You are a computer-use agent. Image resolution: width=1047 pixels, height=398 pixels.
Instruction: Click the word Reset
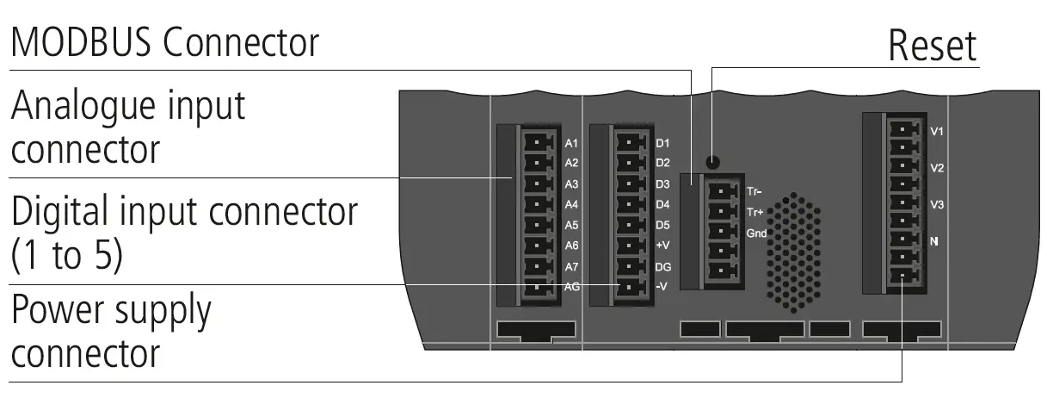pos(933,45)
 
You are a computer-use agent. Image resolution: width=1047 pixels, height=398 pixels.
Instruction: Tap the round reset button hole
pos(711,161)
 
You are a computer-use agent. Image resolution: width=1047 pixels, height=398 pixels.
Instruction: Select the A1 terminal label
pos(571,143)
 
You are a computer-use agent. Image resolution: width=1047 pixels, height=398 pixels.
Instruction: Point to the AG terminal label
pos(571,286)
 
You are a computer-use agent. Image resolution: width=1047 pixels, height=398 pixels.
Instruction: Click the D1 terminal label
pos(662,143)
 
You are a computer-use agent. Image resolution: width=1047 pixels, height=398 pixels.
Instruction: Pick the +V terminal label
pos(662,246)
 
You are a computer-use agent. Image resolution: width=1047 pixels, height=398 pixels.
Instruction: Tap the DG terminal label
pos(662,266)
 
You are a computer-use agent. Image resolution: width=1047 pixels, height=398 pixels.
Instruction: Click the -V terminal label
pos(662,286)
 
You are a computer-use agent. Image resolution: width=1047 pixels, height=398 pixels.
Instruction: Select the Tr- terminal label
pos(754,192)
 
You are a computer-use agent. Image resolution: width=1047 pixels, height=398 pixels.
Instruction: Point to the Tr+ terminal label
pos(754,213)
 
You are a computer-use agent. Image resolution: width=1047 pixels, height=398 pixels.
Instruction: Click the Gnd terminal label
pos(756,233)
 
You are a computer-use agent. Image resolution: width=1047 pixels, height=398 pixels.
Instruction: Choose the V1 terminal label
pos(938,132)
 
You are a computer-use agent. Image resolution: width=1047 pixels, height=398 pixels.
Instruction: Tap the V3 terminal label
pos(938,205)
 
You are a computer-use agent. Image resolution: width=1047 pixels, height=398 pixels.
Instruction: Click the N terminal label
pos(935,241)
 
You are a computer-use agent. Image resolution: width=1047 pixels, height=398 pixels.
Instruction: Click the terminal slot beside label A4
pos(539,205)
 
